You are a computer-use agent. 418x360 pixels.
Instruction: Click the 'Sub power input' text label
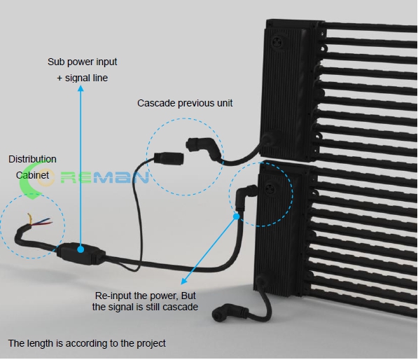click(x=83, y=62)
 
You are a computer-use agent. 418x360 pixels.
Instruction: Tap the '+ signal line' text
click(x=83, y=78)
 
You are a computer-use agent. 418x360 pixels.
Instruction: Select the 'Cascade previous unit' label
click(x=185, y=103)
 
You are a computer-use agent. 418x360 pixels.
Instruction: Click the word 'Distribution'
click(x=32, y=159)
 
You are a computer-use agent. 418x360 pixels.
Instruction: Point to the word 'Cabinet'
click(x=32, y=175)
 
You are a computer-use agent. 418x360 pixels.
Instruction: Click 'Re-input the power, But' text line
click(x=146, y=296)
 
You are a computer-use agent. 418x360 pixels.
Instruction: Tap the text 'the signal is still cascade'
click(x=145, y=307)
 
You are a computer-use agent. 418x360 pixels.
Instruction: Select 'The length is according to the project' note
click(x=87, y=343)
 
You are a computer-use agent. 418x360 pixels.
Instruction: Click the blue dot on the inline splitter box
click(x=81, y=249)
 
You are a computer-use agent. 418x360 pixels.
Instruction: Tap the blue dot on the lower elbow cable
click(x=236, y=216)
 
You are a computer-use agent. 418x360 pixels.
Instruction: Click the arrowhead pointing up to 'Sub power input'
click(x=81, y=88)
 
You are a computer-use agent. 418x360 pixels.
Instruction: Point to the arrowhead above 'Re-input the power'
click(x=184, y=281)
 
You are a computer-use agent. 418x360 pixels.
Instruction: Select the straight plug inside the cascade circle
click(x=169, y=158)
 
